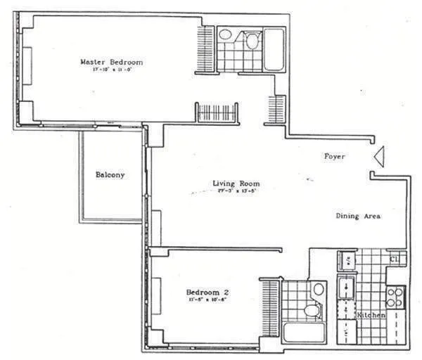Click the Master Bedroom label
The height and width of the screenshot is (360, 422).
click(x=107, y=61)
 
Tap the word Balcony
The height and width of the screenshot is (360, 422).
click(x=110, y=175)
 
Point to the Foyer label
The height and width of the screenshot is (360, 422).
click(x=334, y=156)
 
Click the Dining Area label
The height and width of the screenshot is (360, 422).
click(x=357, y=217)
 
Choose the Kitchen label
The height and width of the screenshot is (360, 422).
click(x=371, y=316)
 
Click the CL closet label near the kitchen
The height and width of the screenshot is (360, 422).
click(x=395, y=259)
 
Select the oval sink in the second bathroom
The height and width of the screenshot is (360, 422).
click(x=317, y=288)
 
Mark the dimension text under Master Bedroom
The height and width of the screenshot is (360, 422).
click(x=107, y=69)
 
